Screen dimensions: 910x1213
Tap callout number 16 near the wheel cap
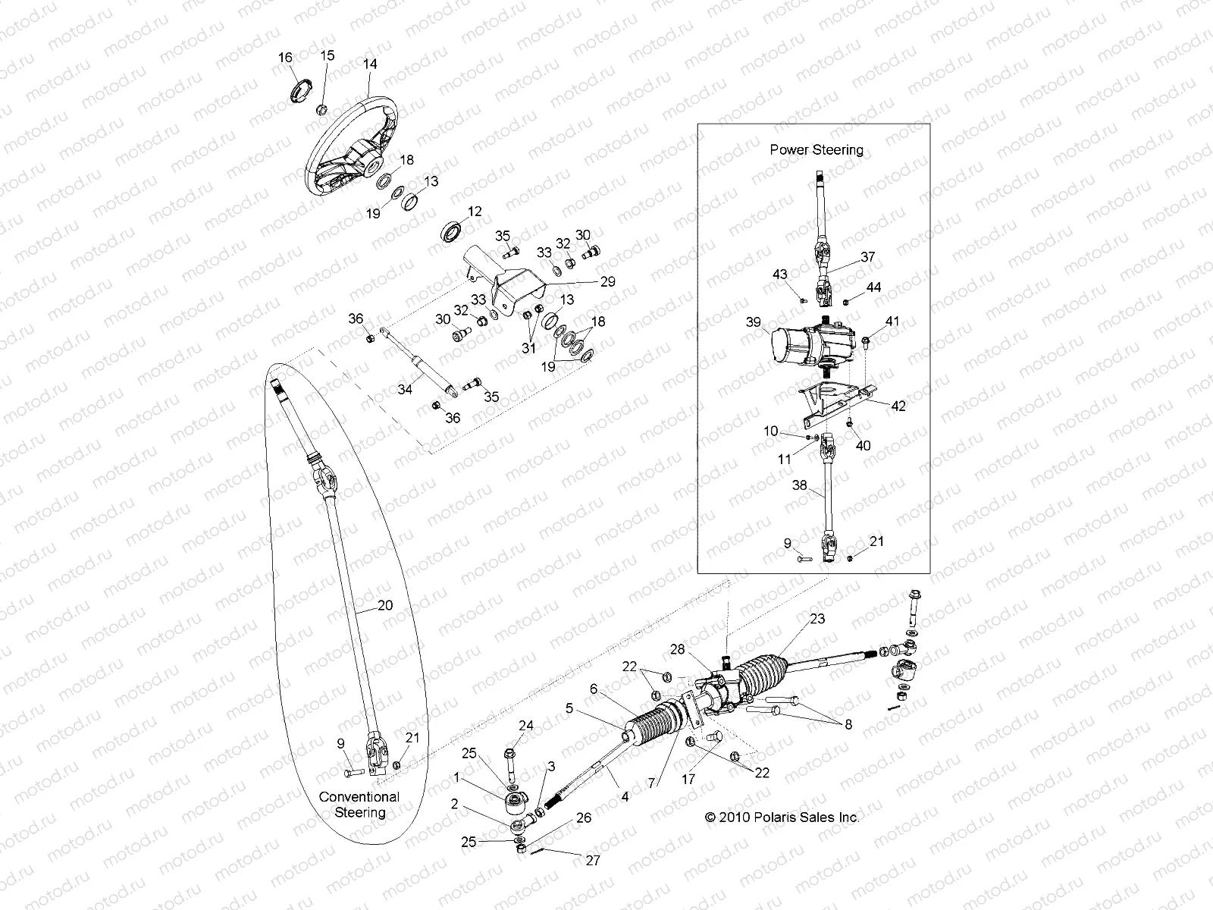285,58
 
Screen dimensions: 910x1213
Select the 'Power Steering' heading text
817,149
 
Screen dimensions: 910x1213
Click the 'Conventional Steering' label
359,805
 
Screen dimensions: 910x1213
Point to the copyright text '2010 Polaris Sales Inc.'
782,817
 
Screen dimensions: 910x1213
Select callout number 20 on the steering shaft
385,606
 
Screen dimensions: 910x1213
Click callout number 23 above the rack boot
817,618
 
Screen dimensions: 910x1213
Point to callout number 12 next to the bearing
475,212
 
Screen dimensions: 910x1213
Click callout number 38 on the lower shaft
800,486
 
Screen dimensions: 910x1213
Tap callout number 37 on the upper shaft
867,257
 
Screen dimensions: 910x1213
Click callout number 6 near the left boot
594,689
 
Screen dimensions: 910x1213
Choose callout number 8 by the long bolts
848,724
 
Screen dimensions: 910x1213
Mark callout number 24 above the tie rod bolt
525,726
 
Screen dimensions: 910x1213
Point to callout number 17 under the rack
688,778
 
